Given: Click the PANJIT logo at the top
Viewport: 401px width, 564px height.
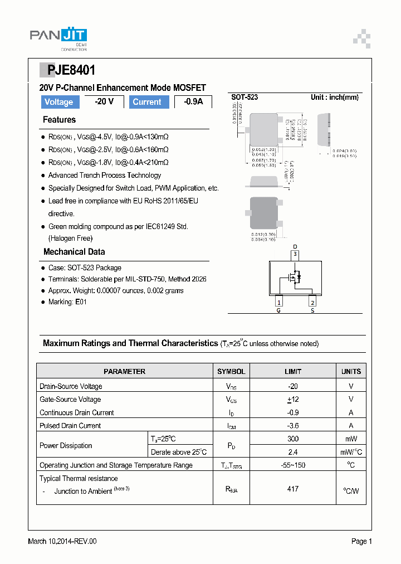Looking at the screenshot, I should [58, 36].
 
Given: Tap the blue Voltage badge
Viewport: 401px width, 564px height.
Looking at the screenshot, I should [58, 102].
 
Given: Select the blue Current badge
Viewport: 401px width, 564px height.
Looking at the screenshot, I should [147, 102].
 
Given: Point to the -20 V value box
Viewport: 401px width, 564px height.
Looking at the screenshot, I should [104, 101].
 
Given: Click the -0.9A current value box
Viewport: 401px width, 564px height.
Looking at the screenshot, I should [193, 102].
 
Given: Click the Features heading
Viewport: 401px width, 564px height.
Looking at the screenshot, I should [59, 120].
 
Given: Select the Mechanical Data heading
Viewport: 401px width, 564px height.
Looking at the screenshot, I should [74, 252].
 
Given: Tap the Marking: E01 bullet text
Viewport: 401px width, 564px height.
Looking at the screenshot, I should [67, 302].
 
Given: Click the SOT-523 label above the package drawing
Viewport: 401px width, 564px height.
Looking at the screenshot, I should [244, 97].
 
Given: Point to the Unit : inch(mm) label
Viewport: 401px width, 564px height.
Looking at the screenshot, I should [334, 97].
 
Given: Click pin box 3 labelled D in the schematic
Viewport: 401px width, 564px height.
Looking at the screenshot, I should [295, 255].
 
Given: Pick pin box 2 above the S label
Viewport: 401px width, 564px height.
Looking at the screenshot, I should [312, 302].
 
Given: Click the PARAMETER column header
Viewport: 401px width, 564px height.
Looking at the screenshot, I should [125, 371].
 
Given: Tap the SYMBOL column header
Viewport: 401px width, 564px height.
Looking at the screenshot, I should [231, 371].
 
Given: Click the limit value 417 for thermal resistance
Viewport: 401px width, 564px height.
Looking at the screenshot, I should [293, 489].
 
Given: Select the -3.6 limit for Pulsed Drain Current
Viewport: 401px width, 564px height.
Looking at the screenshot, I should [293, 426].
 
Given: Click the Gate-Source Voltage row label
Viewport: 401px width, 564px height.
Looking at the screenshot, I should [70, 400].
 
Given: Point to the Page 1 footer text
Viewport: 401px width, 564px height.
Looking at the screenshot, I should [361, 541].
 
